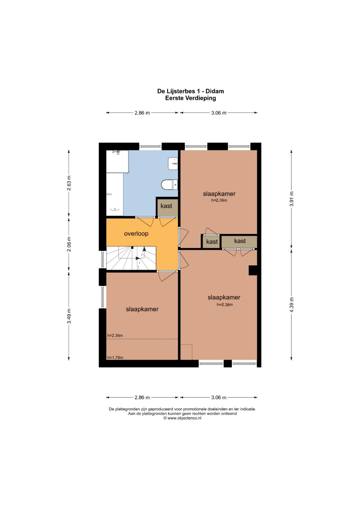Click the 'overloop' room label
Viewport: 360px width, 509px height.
[x=136, y=234]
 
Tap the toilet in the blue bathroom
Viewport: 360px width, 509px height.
[x=170, y=184]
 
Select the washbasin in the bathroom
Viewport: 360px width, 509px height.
[x=173, y=163]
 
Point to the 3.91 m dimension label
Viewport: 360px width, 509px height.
[x=292, y=199]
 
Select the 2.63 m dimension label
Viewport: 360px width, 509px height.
[x=69, y=183]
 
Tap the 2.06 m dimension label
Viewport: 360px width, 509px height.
[x=69, y=244]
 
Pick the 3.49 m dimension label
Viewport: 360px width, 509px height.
[x=69, y=316]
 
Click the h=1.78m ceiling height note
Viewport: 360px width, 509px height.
[x=115, y=357]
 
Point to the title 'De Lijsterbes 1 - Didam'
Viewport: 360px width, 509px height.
[x=190, y=91]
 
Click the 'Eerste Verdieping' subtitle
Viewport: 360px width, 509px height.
[x=190, y=98]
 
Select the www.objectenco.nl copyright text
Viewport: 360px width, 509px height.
[x=182, y=418]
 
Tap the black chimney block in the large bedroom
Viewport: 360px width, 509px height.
[x=253, y=270]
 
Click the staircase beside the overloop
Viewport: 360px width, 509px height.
[x=131, y=258]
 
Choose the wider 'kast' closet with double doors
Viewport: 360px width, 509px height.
[x=239, y=242]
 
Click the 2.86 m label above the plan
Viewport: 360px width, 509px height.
[x=142, y=113]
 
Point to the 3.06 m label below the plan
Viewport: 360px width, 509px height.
[x=219, y=397]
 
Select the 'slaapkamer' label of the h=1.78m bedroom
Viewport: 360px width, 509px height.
[x=142, y=309]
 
